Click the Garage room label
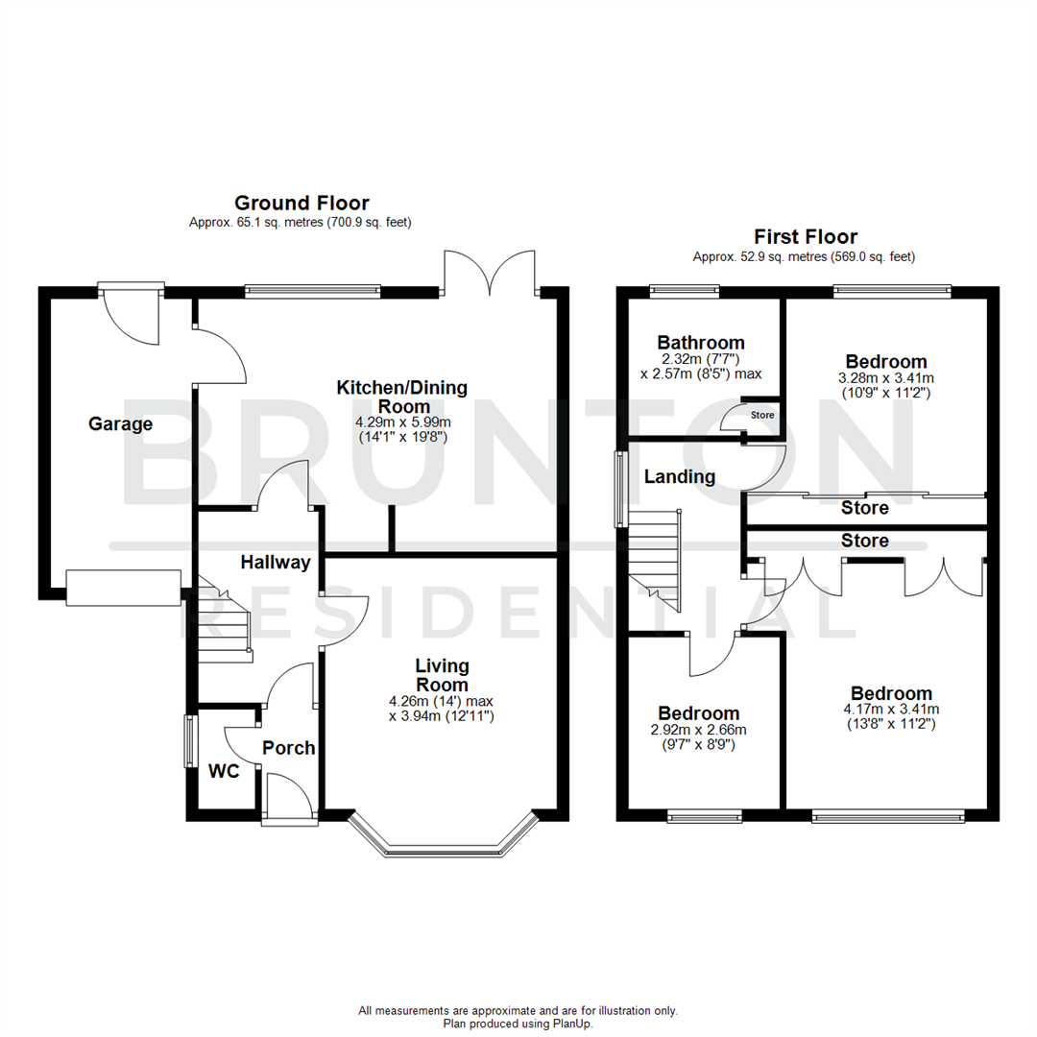coord(120,423)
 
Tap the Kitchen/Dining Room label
coord(401,397)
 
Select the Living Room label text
coord(442,675)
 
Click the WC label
coord(224,770)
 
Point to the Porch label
coord(289,747)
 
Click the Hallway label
coord(276,563)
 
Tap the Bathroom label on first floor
coord(700,343)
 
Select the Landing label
coord(679,476)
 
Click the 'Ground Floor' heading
coord(301,203)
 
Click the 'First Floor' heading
coord(805,236)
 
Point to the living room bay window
coord(442,841)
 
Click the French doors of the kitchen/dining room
coord(489,274)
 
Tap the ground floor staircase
coord(223,624)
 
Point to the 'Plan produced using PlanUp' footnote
coord(518,1024)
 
